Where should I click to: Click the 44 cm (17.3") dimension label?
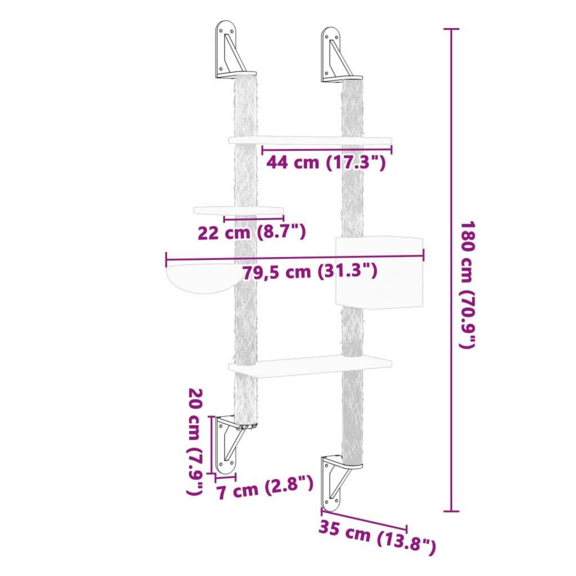tap(326, 163)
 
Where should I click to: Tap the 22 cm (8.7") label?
tap(252, 233)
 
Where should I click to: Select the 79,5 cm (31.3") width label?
tap(309, 272)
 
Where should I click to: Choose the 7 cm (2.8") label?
tap(264, 490)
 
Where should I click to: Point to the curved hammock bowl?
tap(200, 278)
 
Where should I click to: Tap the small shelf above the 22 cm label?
tap(238, 210)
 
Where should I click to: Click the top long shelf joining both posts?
tap(310, 140)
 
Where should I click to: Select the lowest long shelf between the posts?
tap(310, 366)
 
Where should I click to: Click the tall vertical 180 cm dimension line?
tap(450, 271)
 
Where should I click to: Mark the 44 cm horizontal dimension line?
tap(326, 150)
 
